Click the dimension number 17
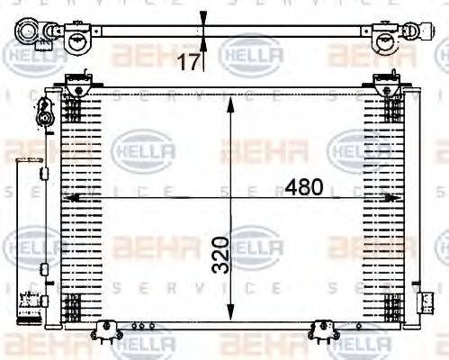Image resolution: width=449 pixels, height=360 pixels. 189,62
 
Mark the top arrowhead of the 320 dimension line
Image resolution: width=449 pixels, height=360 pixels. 231,95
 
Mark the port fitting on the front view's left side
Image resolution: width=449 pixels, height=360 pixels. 42,115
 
